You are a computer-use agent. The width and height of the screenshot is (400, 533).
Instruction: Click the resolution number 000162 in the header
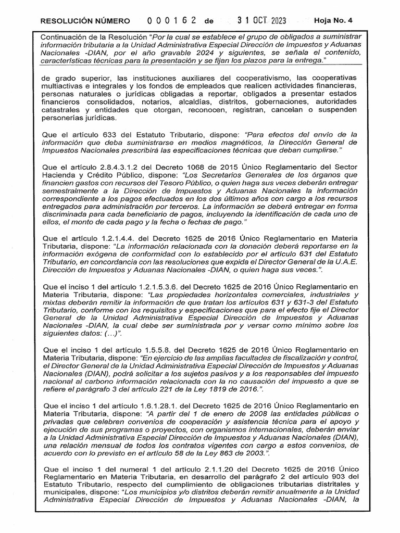pos(171,21)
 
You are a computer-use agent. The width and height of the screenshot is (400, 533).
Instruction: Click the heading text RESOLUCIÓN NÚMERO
pos(85,21)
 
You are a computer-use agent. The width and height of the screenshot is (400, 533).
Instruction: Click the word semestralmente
pos(69,191)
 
